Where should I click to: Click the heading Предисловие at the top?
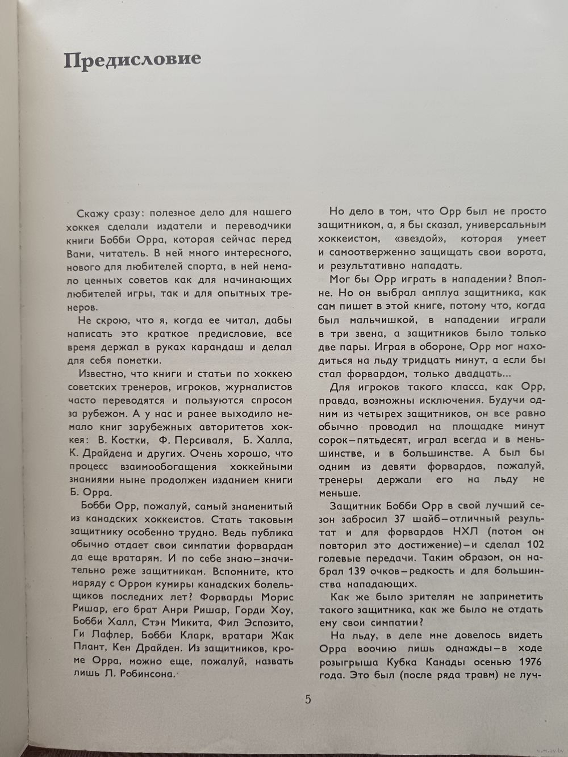pos(132,60)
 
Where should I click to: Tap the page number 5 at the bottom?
pos(308,699)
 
